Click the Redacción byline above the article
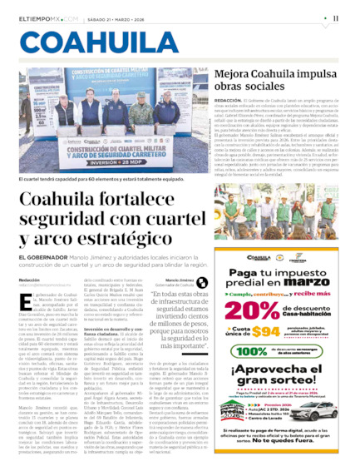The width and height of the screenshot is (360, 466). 28,280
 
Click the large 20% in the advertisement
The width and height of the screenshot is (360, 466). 250,310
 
